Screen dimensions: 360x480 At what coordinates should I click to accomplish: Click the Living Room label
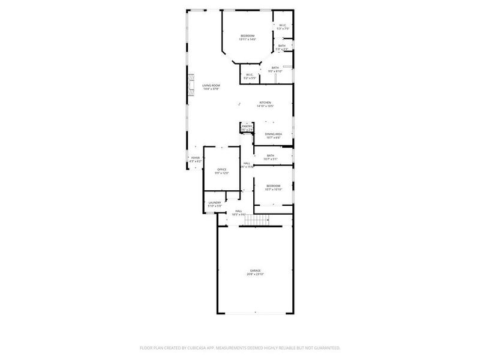point(211,86)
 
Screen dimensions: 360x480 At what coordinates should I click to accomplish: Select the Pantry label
point(247,126)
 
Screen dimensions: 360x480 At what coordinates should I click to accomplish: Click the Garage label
point(256,271)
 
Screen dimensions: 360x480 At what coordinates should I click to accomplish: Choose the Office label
point(222,170)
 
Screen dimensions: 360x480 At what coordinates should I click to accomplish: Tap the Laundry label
point(215,202)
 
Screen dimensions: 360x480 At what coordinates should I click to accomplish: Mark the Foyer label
point(196,158)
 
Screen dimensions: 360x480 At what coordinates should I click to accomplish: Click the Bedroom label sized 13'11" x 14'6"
point(247,36)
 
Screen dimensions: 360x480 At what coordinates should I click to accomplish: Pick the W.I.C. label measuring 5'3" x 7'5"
point(283,25)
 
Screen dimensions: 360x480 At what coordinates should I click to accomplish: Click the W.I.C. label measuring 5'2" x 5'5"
point(250,75)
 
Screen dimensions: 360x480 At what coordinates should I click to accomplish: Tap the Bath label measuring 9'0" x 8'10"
point(275,68)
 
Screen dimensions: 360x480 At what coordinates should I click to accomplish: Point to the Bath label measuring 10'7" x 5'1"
point(271,155)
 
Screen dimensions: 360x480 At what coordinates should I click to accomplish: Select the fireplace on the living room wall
point(191,86)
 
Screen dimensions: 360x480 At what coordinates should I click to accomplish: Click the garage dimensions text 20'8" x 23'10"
point(256,274)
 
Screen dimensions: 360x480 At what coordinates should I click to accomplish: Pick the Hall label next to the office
point(247,163)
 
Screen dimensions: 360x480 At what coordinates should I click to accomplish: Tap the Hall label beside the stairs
point(238,211)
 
